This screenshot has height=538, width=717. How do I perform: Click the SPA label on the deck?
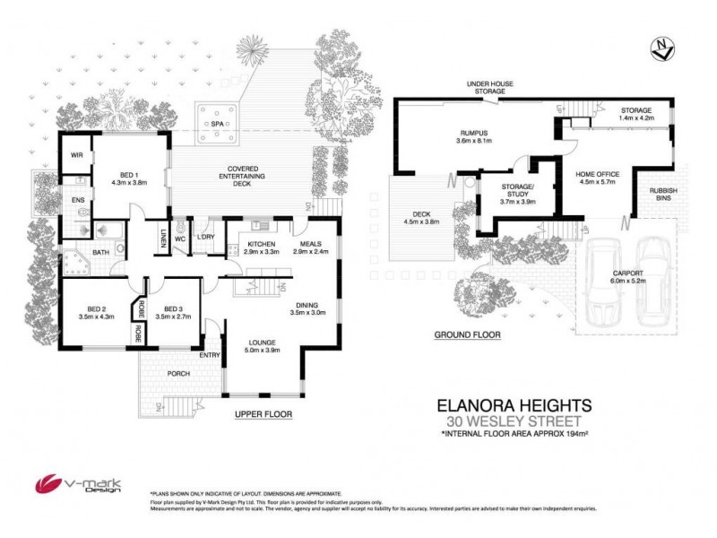click(x=216, y=124)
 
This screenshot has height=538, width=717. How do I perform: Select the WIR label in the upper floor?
click(x=77, y=155)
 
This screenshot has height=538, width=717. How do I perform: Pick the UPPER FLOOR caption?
click(x=263, y=414)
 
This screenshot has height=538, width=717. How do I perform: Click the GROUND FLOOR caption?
click(x=467, y=334)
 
